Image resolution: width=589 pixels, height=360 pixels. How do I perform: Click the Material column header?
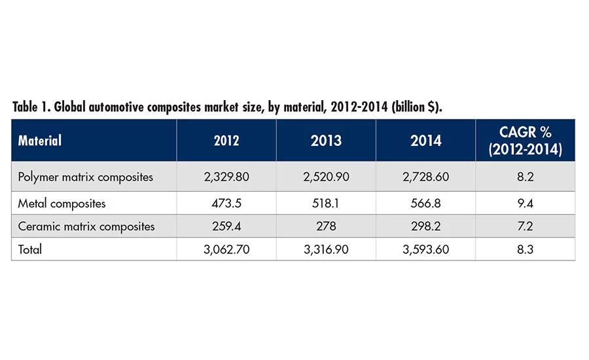click(40, 140)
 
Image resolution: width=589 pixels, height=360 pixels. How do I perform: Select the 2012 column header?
click(226, 140)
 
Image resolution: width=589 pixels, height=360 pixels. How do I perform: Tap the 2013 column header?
click(325, 140)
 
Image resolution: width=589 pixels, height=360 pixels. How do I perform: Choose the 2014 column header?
click(425, 140)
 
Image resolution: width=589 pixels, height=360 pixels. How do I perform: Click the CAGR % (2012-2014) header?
click(526, 140)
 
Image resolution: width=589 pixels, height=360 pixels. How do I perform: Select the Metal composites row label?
click(62, 204)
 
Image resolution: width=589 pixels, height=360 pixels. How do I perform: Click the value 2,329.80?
click(226, 177)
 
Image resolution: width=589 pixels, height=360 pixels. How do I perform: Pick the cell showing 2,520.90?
click(325, 177)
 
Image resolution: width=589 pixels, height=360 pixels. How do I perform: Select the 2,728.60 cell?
click(425, 177)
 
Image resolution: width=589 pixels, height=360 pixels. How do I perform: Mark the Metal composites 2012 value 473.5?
click(226, 204)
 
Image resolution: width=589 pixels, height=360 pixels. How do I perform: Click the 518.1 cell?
click(325, 204)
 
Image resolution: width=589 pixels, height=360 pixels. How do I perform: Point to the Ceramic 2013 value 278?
click(325, 226)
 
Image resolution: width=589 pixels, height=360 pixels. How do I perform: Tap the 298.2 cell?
click(425, 226)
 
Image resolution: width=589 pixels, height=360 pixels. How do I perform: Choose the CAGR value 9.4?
click(526, 204)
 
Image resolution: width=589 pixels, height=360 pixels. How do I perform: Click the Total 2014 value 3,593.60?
click(425, 249)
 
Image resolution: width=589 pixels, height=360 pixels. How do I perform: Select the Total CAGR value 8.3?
click(526, 249)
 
